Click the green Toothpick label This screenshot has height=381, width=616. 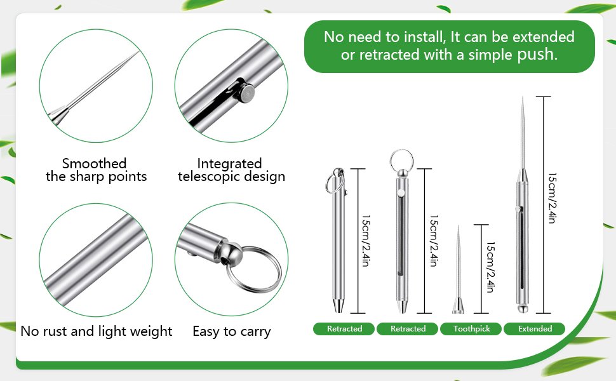pos(471,329)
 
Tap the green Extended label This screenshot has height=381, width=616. pos(534,329)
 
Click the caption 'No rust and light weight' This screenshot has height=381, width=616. pos(97,331)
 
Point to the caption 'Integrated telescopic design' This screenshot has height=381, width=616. pos(231,170)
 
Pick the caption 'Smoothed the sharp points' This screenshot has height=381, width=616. pos(97,170)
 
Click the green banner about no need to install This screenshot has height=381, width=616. pos(449,46)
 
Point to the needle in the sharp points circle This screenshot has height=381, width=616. pos(94,89)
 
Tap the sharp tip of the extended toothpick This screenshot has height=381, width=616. pos(523,97)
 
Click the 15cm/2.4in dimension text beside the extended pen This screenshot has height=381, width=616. pos(552,198)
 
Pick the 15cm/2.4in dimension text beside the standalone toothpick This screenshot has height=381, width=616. pos(490,267)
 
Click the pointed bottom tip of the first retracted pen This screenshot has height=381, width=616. pos(338,312)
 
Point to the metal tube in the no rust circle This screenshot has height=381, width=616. pos(95,260)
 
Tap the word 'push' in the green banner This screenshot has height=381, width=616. pos(537,55)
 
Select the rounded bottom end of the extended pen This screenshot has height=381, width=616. pos(522,309)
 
